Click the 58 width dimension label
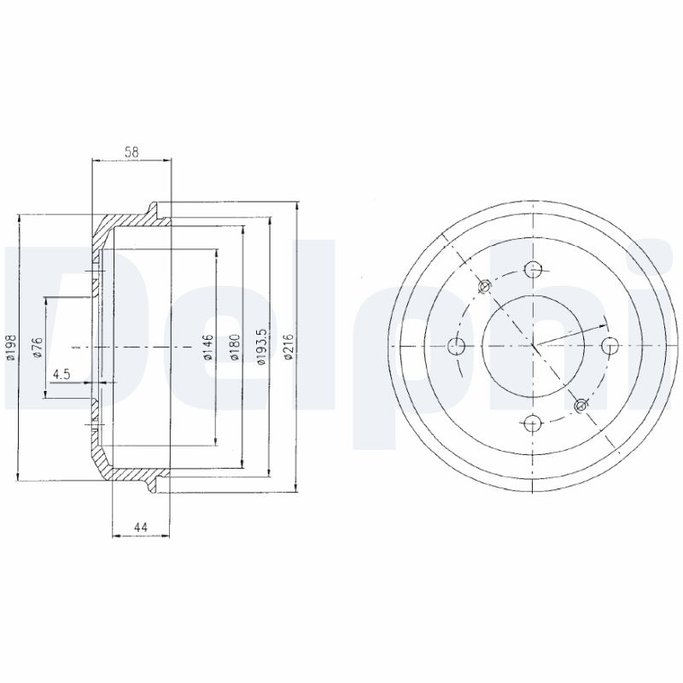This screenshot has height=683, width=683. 131,152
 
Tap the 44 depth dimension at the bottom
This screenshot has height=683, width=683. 141,528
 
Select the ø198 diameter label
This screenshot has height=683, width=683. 12,347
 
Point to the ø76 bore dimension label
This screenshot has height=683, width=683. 38,347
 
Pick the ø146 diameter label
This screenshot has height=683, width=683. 207,347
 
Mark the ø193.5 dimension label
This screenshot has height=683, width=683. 261,347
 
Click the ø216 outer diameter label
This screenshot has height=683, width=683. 288,347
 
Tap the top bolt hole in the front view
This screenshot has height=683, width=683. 533,270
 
